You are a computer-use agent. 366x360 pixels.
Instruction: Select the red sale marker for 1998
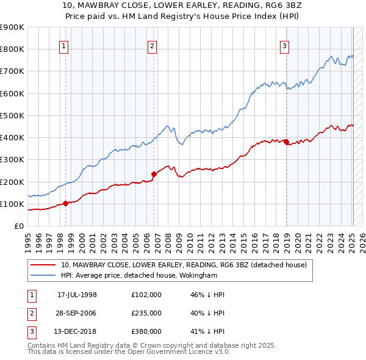[x=65, y=204]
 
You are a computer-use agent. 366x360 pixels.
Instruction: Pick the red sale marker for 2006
[x=154, y=175]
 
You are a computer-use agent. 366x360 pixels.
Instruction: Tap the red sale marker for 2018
[x=286, y=142]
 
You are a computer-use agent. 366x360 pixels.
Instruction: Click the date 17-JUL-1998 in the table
[x=77, y=295]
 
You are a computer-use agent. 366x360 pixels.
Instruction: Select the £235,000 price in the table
[x=146, y=313]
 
